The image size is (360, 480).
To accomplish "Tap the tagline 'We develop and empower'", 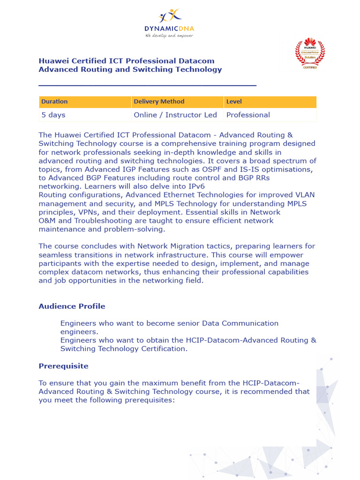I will (x=169, y=35).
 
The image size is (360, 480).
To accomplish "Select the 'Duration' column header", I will (x=54, y=102).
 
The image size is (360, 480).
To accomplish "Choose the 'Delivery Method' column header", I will (x=159, y=102).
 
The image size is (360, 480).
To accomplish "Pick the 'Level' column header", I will (x=234, y=102).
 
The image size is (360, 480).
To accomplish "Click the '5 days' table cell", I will (x=53, y=115).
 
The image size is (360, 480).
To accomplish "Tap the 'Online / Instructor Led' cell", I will (x=175, y=115).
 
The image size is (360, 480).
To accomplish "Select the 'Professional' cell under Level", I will (x=248, y=115).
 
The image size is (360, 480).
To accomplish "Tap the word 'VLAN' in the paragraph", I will (x=305, y=195).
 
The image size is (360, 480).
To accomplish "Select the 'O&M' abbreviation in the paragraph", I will (x=48, y=221).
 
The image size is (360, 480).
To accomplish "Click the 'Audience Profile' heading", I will (x=72, y=307).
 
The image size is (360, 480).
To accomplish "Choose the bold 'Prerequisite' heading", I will (x=63, y=366).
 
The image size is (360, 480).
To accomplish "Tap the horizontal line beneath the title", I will (x=147, y=85).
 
